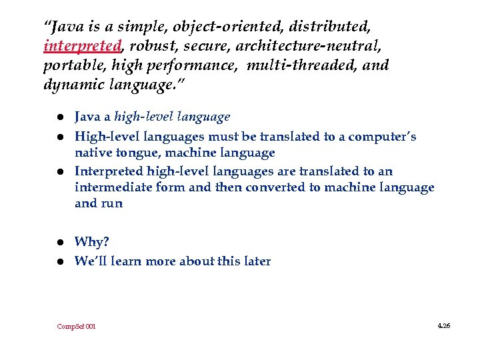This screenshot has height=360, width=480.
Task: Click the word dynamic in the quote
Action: pos(71,85)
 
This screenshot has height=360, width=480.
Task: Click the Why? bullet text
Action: pos(91,241)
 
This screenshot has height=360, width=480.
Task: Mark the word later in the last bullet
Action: pos(255,261)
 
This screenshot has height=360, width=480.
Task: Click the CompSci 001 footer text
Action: pos(76,326)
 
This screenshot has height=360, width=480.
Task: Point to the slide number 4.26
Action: pos(444,325)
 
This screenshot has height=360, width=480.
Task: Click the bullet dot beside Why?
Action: pos(60,242)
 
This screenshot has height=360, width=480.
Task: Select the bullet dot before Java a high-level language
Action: pos(60,118)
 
